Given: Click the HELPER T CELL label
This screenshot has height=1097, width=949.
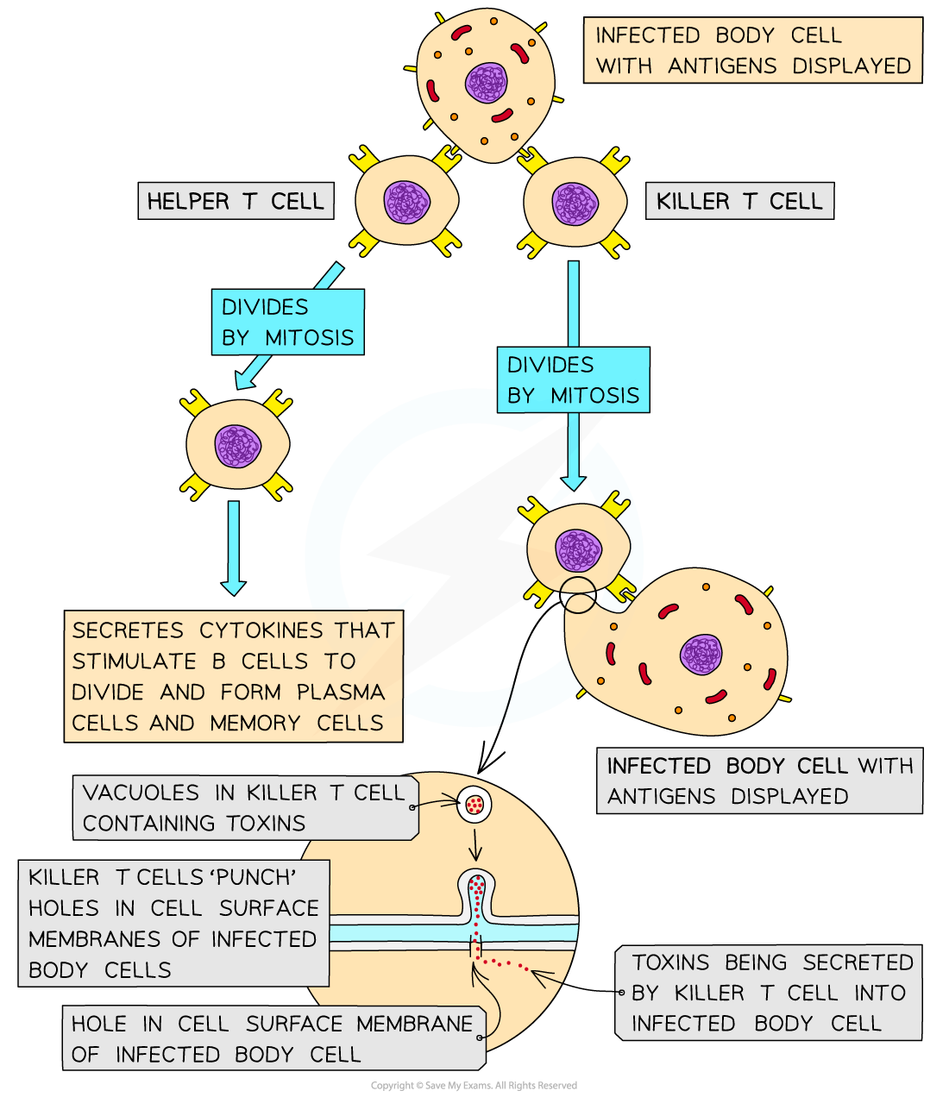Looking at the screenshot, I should [x=236, y=202].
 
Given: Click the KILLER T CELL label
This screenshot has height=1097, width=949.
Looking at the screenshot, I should [x=739, y=202].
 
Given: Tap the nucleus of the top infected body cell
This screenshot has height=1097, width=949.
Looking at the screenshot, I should [x=487, y=83].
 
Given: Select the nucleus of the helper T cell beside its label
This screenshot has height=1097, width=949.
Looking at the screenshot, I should [x=406, y=203].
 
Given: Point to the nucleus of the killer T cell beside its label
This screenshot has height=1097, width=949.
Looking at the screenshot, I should [x=575, y=204].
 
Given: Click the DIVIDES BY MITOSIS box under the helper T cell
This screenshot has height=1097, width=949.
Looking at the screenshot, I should [x=287, y=322].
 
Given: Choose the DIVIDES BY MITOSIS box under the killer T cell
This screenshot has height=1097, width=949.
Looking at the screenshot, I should [x=573, y=380].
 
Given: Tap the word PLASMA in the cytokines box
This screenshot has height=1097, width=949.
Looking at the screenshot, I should [x=341, y=693].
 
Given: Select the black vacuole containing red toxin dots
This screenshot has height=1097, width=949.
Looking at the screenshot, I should [x=474, y=805].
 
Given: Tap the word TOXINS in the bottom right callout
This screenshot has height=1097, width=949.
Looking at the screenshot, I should [x=670, y=962].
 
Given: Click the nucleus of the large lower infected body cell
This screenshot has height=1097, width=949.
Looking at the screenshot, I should [x=701, y=655].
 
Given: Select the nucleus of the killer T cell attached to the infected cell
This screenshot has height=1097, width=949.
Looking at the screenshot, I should [x=578, y=550].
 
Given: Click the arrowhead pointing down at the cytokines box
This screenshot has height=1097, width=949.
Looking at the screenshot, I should [x=233, y=587].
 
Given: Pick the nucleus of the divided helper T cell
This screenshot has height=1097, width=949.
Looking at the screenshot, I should [x=237, y=446].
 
